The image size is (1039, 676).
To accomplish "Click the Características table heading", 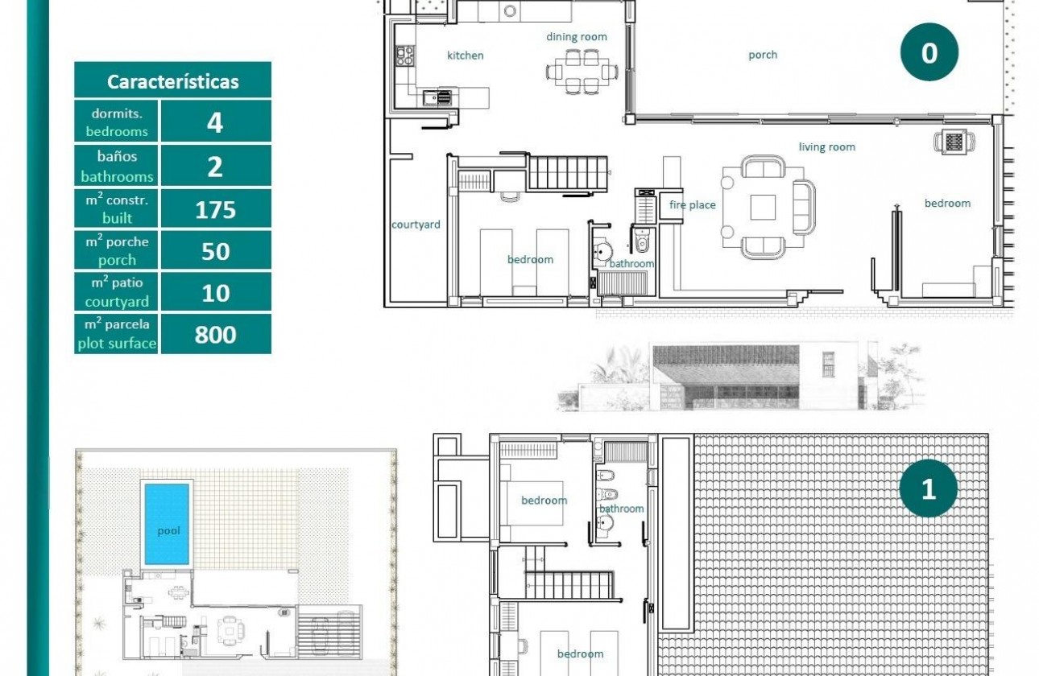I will coord(172,81).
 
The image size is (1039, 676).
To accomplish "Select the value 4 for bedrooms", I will coord(215,122).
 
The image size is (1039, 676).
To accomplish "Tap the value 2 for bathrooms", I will coord(215,167).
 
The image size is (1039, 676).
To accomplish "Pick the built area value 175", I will coord(215,209).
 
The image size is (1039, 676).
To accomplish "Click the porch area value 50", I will coord(215,251).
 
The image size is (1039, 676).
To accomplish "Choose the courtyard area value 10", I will coord(215,293).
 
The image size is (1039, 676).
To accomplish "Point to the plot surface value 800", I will coord(215,335).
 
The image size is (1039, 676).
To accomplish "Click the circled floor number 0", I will coord(929,52).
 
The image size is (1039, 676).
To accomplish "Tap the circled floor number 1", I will coord(928,488).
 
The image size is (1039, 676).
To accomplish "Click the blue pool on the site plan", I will coord(168,523).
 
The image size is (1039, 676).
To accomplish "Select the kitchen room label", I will coord(466,56).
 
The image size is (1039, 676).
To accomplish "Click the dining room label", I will coord(577,36).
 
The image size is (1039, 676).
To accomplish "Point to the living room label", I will coord(826,146).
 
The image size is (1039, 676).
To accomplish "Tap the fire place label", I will coord(692,205).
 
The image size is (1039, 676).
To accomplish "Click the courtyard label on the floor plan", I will coord(416,225).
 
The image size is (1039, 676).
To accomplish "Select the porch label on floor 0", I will coord(762,55).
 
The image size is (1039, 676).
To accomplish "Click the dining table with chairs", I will coord(581,70).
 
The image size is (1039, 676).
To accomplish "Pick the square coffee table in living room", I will coord(763,207).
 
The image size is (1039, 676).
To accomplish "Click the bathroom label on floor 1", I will coord(621,509).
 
